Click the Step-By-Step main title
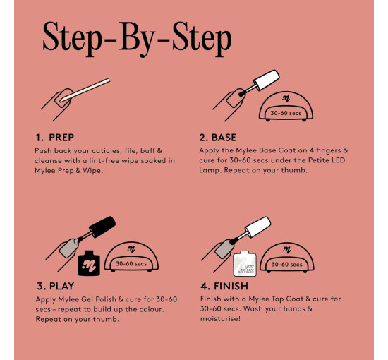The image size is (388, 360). tap(137, 38)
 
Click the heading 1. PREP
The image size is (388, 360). tap(55, 138)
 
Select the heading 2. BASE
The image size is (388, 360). tap(218, 138)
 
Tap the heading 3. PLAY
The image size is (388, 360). tap(56, 286)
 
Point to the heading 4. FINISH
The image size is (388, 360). tap(224, 286)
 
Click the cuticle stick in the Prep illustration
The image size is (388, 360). tap(85, 90)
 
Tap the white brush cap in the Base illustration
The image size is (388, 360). tap(267, 80)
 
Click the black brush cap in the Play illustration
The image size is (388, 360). tap(102, 227)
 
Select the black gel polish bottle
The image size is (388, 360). tap(89, 263)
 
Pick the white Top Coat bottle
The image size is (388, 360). tap(245, 263)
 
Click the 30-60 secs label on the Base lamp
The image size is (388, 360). tap(286, 113)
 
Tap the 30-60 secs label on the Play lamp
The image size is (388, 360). tap(131, 264)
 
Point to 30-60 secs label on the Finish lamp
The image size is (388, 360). tap(286, 265)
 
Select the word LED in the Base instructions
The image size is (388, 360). tap(339, 160)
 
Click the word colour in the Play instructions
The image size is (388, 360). tap(151, 309)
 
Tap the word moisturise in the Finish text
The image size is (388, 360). tap(220, 318)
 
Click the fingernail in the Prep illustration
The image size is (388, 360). tap(63, 98)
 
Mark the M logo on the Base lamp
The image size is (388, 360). tap(286, 99)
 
